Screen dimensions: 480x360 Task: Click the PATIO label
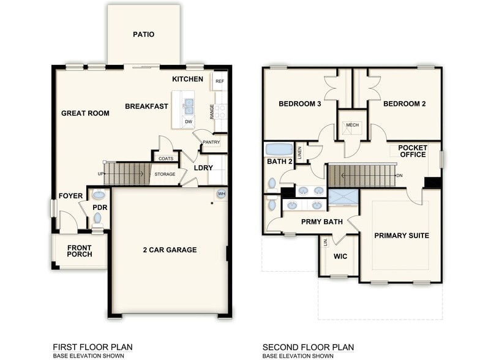point(143,34)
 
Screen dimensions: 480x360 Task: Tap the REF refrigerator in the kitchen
point(219,81)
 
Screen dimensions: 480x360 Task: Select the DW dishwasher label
point(189,122)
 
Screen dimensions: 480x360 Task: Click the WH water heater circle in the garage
point(222,193)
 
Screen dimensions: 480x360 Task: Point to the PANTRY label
point(211,142)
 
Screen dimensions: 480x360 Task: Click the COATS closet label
point(166,159)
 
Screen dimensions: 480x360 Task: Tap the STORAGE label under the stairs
point(165,174)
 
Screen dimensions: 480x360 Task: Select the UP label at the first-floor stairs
point(100,174)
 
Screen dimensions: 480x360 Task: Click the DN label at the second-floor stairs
point(399,176)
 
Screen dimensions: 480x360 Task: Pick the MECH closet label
point(353,125)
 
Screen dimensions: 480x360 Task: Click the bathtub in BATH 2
point(279,149)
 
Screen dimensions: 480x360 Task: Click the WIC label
point(340,256)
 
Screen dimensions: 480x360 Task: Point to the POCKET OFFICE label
point(413,151)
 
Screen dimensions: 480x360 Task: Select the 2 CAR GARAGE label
point(170,250)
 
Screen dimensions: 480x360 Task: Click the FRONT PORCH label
point(80,251)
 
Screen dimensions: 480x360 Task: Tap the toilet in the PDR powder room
point(98,220)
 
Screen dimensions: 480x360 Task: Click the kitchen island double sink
point(189,106)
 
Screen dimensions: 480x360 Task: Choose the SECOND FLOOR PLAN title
point(309,347)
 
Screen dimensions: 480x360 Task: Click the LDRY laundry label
point(203,168)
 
